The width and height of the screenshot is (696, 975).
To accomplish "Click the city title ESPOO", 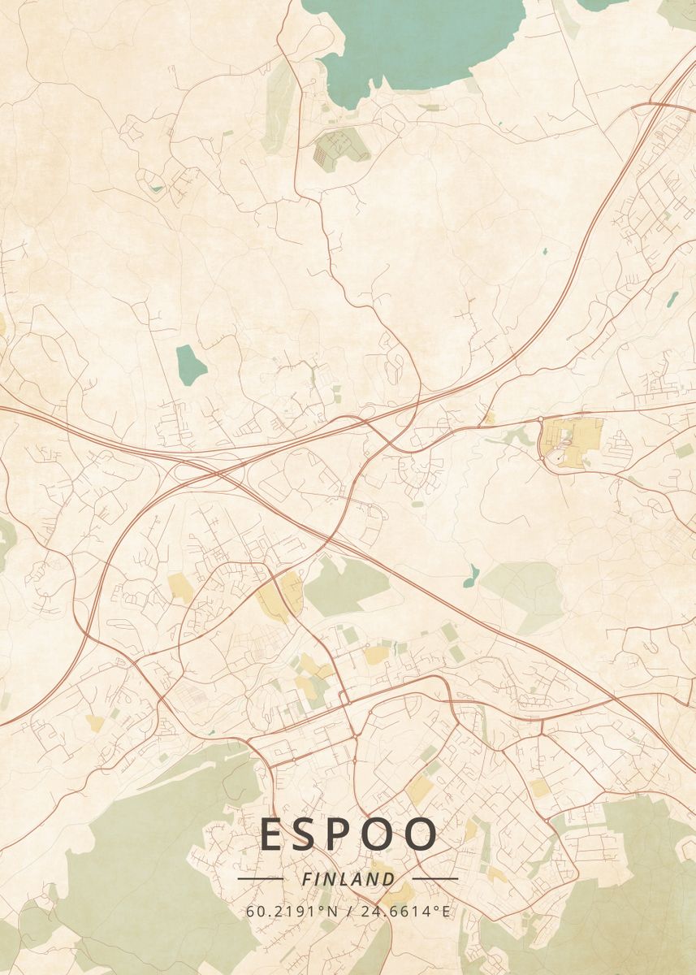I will (x=349, y=835).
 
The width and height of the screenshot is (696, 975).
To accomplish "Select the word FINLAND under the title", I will (x=348, y=879).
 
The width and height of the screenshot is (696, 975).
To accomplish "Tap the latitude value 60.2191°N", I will (x=292, y=911).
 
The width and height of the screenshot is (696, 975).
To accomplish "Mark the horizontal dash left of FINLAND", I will (x=260, y=878).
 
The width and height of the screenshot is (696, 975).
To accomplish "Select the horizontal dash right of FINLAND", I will (x=435, y=878).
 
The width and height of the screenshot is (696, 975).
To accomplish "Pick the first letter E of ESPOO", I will (x=274, y=835).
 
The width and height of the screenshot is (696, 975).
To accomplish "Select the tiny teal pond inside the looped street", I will (x=156, y=188).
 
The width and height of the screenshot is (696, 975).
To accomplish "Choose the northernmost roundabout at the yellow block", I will (x=542, y=420).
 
